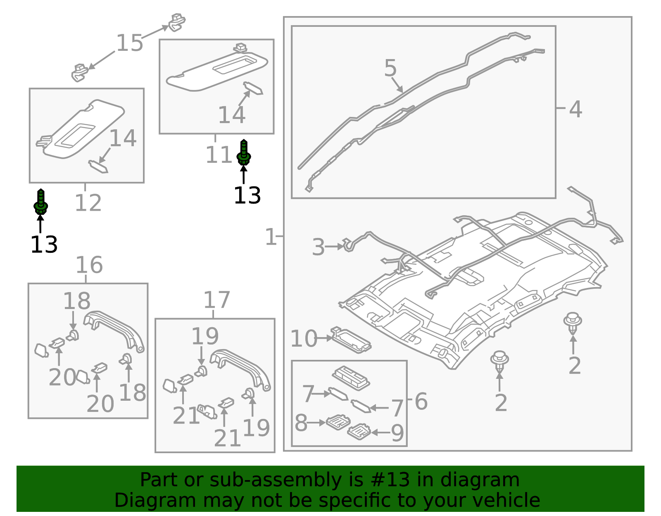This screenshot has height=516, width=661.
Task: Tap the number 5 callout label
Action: tap(390, 68)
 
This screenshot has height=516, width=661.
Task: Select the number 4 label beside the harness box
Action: tap(575, 109)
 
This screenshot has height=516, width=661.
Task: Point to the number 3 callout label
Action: tap(318, 247)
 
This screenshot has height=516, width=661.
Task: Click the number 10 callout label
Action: tap(304, 339)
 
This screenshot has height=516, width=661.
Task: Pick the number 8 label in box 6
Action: tap(301, 423)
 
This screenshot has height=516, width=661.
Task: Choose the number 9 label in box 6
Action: tap(397, 433)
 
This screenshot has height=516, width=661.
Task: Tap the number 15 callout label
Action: tap(129, 43)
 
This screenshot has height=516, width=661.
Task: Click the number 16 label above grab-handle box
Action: tap(89, 265)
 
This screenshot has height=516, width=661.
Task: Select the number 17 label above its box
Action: tap(216, 300)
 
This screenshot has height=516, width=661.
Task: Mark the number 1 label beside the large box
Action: tap(271, 237)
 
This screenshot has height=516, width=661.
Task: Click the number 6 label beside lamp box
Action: tap(421, 401)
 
